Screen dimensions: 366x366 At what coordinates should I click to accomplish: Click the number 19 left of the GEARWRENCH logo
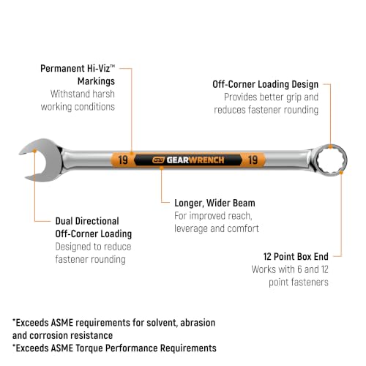[123, 160]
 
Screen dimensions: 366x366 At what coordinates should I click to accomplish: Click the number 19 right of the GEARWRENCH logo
[253, 160]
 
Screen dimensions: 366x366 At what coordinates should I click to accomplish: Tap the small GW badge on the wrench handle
[158, 160]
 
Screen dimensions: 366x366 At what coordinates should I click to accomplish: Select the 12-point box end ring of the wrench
[317, 160]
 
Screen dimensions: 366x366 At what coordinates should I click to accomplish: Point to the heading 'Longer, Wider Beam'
[214, 203]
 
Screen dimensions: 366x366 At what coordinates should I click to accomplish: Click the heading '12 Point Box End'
[296, 257]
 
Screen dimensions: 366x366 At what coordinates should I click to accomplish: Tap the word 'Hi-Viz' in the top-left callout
[100, 69]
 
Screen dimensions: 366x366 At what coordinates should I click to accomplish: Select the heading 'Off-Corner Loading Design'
[266, 84]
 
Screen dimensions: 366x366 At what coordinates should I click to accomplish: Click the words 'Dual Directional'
[87, 221]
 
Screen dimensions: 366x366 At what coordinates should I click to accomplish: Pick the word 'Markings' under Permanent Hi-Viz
[96, 81]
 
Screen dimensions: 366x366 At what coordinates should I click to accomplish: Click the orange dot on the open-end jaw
[34, 151]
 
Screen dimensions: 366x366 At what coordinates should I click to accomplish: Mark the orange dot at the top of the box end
[330, 146]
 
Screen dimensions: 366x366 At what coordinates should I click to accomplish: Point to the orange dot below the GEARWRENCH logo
[161, 168]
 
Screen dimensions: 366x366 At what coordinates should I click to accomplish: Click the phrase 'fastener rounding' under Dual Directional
[90, 259]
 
